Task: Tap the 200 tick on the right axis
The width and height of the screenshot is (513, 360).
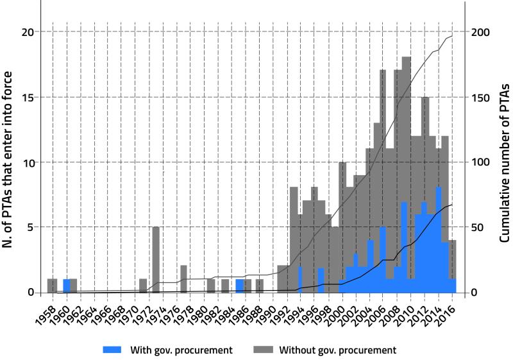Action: point(481,32)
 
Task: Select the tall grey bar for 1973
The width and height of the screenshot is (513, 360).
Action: point(156,260)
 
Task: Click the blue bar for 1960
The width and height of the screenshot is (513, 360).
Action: point(67,286)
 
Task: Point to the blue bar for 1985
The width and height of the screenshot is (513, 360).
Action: point(239,286)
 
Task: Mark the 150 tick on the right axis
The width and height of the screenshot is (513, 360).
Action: point(481,97)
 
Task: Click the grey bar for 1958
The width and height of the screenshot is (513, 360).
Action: point(52,286)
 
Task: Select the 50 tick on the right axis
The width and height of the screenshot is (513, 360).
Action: point(478,227)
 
